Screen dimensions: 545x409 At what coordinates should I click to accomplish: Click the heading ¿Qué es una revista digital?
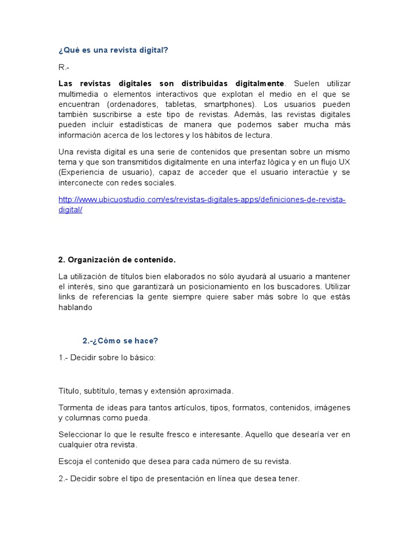click(x=113, y=50)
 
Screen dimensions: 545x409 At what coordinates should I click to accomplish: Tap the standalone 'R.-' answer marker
click(x=64, y=67)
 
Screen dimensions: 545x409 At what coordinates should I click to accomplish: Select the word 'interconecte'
click(x=81, y=183)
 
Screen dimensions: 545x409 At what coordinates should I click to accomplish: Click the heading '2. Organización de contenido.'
click(x=117, y=260)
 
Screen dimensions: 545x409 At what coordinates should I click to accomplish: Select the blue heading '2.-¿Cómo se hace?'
click(x=120, y=341)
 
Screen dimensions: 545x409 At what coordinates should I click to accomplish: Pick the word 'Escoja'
click(x=71, y=461)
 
